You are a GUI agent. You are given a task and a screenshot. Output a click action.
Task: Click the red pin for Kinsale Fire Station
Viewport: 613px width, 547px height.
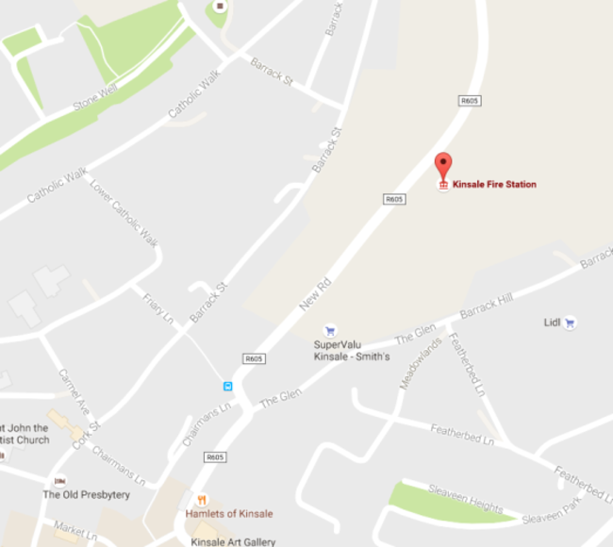click(442, 165)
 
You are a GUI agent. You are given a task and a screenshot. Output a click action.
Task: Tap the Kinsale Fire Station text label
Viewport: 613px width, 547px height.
click(494, 184)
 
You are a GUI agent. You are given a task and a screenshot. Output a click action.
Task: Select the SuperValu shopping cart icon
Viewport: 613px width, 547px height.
click(330, 331)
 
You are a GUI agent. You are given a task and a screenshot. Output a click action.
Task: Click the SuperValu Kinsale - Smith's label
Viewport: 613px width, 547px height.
click(351, 351)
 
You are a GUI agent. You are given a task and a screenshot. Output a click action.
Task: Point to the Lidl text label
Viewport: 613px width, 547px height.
click(552, 323)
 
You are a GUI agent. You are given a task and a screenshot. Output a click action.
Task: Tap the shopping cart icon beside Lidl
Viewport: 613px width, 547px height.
click(570, 323)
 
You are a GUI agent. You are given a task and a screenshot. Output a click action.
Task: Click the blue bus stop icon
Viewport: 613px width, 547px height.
click(227, 386)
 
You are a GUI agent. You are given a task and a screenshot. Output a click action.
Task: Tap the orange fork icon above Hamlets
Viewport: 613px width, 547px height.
click(201, 500)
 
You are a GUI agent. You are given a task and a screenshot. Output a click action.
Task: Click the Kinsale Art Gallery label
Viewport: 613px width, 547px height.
click(233, 541)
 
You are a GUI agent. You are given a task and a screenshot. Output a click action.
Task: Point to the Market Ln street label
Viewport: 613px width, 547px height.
click(75, 531)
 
